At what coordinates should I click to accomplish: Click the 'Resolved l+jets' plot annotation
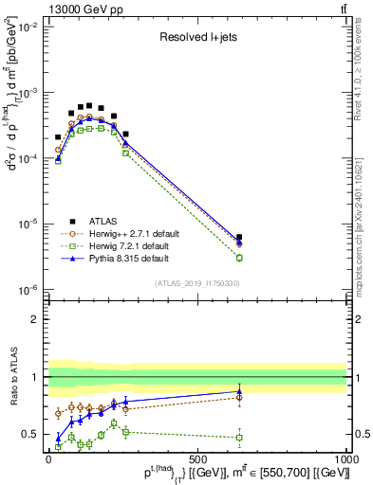(x=197, y=39)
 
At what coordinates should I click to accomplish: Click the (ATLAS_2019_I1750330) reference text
(x=197, y=282)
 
